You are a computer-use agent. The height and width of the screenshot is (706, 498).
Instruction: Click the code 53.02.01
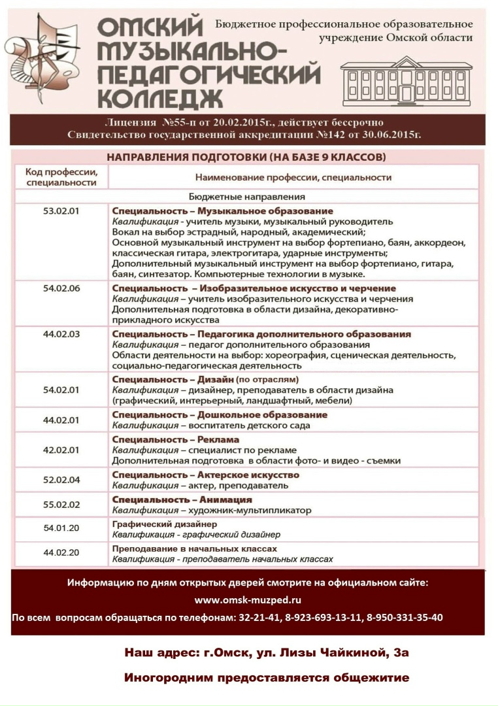tap(61, 210)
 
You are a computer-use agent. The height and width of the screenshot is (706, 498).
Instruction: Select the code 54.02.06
tap(61, 288)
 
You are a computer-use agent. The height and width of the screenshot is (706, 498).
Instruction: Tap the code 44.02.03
tap(61, 333)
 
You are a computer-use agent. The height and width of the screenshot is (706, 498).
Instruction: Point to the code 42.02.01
tap(61, 450)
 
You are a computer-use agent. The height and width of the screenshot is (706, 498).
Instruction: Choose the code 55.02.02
tap(61, 504)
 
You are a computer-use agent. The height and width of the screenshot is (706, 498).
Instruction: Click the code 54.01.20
tap(61, 528)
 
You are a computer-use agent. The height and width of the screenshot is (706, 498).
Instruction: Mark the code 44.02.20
tap(61, 553)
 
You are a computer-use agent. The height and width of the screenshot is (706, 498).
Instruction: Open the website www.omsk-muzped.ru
tap(248, 600)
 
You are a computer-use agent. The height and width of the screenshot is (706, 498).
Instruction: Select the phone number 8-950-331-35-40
tap(405, 617)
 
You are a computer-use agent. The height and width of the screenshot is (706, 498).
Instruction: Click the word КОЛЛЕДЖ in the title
tap(159, 98)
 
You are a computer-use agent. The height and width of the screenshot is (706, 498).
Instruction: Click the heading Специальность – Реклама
tap(176, 439)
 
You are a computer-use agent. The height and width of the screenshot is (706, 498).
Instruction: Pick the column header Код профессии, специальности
tap(61, 176)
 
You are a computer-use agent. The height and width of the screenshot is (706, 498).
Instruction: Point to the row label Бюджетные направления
tap(247, 196)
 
